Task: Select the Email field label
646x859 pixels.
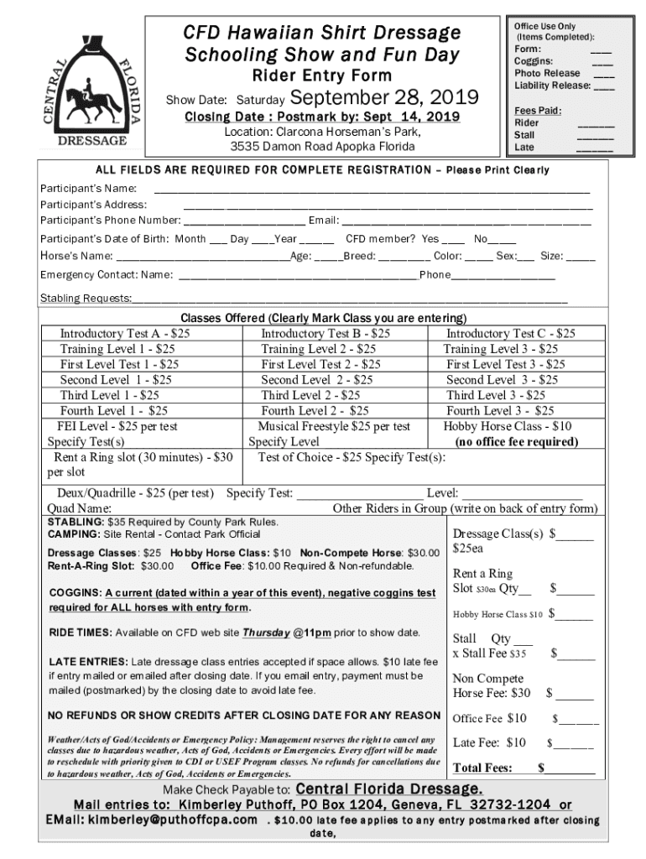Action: (x=323, y=221)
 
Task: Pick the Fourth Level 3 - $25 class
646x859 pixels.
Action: (x=500, y=411)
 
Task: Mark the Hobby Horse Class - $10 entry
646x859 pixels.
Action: (x=508, y=426)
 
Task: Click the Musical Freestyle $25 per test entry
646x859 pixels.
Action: (x=334, y=426)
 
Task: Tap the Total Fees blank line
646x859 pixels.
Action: (x=570, y=768)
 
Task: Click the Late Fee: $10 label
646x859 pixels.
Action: (x=490, y=742)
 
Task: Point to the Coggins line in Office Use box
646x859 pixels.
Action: (x=534, y=61)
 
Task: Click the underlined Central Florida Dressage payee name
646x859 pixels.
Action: (x=389, y=789)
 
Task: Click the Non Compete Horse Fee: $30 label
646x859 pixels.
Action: (x=492, y=685)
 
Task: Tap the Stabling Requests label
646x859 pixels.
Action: (x=86, y=299)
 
